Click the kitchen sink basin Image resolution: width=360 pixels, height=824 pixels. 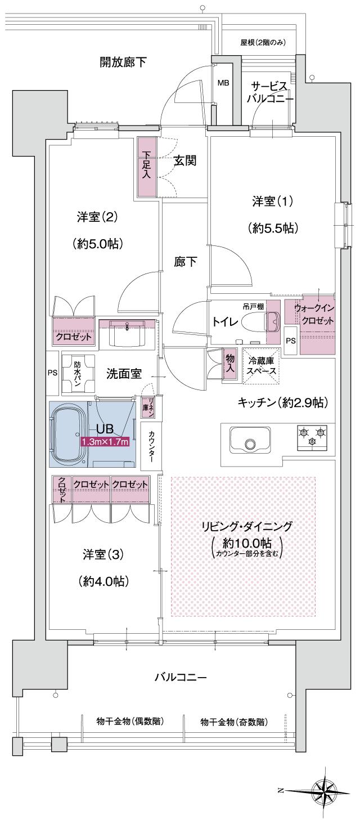click(250, 438)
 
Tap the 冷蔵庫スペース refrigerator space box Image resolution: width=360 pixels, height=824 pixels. click(260, 367)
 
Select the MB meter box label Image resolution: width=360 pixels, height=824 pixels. click(223, 83)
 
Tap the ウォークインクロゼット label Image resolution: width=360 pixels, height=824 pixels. click(314, 315)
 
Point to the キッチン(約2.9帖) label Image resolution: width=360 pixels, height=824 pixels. click(282, 402)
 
